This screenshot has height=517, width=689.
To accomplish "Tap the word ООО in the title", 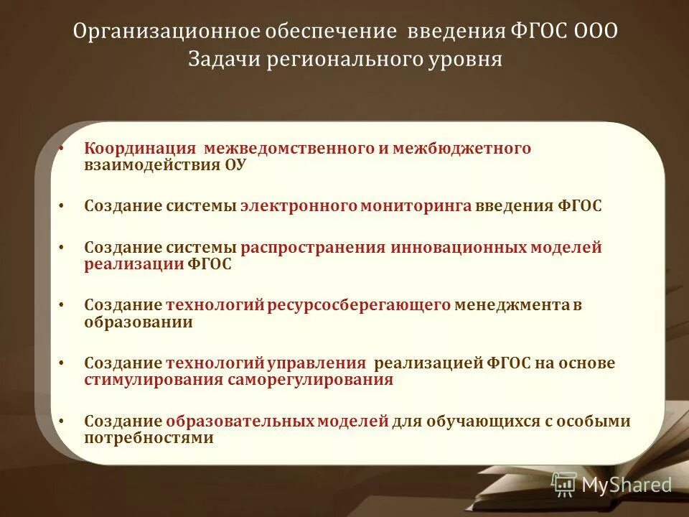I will (596, 32).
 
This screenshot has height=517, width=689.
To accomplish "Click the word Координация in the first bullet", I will (140, 148).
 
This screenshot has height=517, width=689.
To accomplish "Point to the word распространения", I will (314, 248).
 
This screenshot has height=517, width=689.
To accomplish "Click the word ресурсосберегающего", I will (360, 305).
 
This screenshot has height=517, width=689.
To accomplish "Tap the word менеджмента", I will (512, 305).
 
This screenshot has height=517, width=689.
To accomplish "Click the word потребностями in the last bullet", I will (149, 437).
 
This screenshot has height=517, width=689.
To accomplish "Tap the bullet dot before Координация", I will (62, 149).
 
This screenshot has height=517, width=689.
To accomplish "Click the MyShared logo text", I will (627, 485).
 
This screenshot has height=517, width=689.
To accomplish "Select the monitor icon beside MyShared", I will (564, 485).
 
